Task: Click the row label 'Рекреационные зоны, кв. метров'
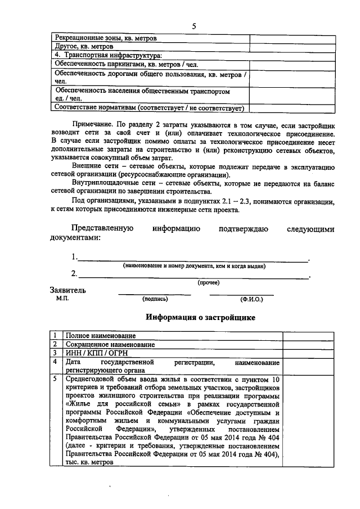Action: click(x=106, y=38)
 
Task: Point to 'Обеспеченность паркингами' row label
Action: click(x=125, y=64)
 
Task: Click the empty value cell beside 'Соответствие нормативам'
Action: click(x=277, y=108)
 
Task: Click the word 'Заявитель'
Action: click(x=69, y=291)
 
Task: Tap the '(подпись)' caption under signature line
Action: click(x=155, y=299)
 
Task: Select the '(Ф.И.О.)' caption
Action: click(x=251, y=299)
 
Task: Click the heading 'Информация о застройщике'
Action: click(x=200, y=318)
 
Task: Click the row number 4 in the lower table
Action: click(x=55, y=362)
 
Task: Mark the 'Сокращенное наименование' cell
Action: click(x=110, y=344)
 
